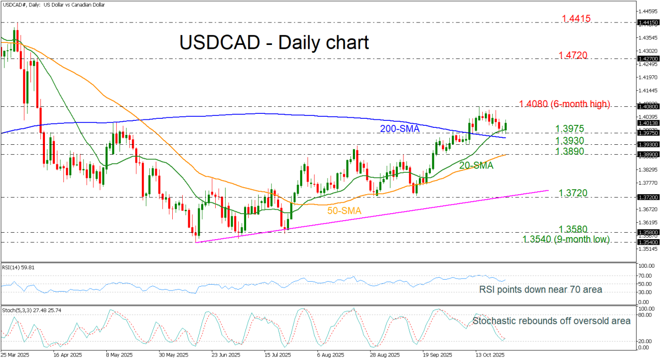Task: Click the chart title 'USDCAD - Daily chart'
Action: point(274,42)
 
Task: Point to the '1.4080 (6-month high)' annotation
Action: point(565,104)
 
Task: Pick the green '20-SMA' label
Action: point(476,165)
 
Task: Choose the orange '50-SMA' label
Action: point(344,211)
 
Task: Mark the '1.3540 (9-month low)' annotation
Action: point(567,240)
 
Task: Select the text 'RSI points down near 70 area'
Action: point(541,290)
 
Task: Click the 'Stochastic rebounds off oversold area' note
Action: point(552,321)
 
